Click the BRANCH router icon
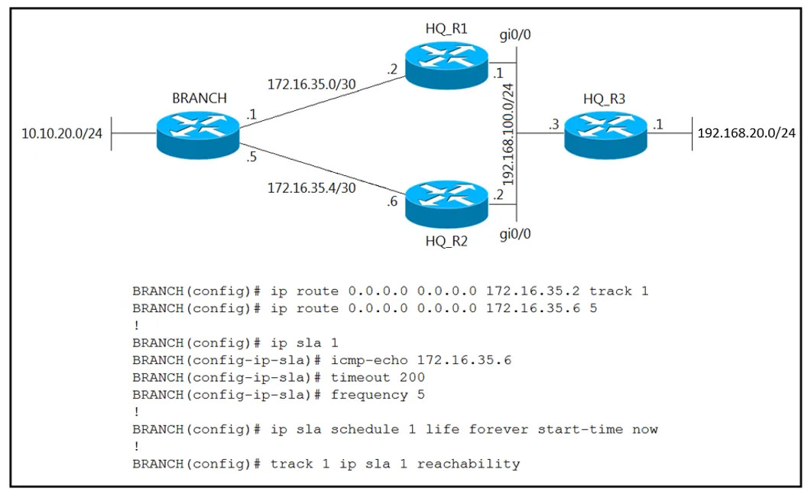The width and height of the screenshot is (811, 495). click(x=197, y=135)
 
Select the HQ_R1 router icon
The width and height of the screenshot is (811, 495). click(x=447, y=65)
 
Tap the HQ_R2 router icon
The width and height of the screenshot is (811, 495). click(x=447, y=204)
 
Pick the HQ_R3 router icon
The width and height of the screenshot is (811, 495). click(x=605, y=135)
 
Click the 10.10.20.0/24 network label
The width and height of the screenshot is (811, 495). click(x=62, y=134)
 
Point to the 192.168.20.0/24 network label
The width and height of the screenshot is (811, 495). click(x=746, y=133)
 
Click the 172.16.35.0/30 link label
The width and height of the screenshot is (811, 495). click(x=311, y=84)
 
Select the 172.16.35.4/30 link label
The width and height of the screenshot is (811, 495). click(x=311, y=188)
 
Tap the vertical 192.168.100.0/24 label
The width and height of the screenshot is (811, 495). click(x=508, y=134)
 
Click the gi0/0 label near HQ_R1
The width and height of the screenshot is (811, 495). click(x=515, y=35)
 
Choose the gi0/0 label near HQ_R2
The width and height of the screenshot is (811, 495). click(x=515, y=235)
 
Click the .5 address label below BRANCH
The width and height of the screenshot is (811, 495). click(x=251, y=157)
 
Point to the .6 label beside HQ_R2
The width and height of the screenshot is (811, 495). click(x=392, y=201)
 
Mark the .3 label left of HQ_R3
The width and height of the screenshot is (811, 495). click(x=554, y=124)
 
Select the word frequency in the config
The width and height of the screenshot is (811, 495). click(x=369, y=396)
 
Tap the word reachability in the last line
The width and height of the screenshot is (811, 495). click(x=469, y=464)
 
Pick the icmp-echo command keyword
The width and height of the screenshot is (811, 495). click(x=369, y=360)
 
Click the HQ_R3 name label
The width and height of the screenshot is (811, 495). click(x=604, y=99)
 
